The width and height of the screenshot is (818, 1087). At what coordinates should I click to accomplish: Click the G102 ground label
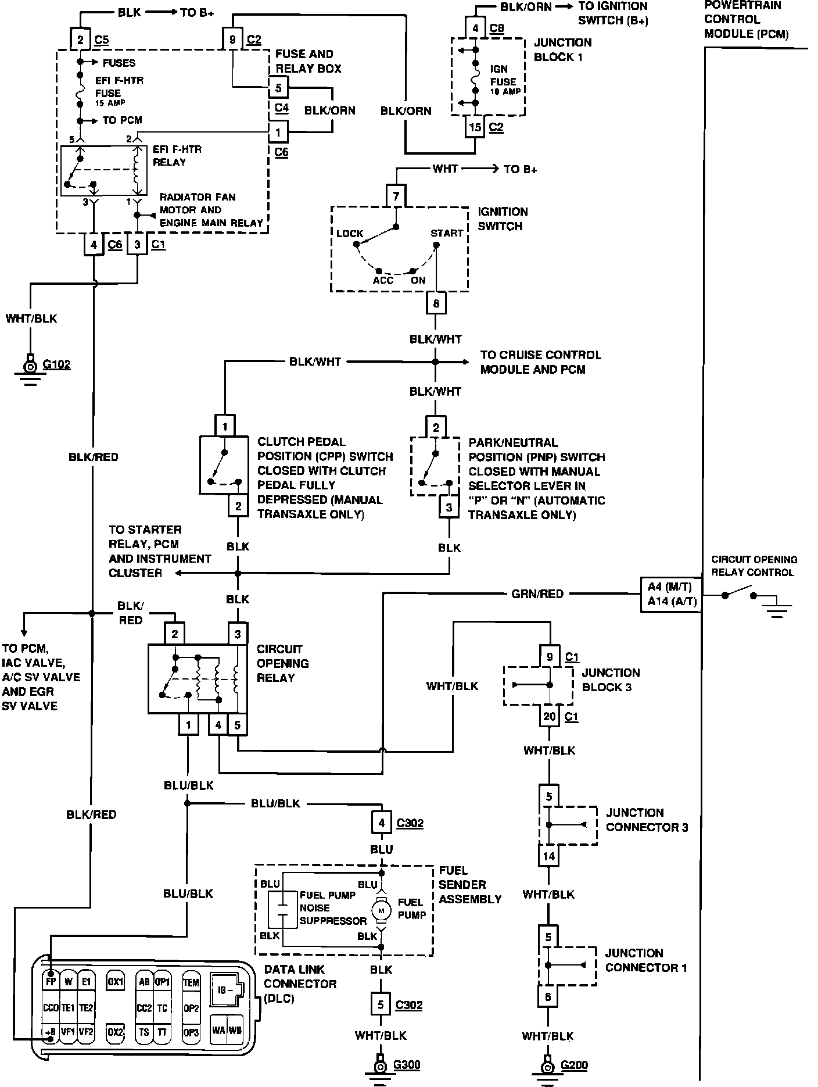[x=56, y=365]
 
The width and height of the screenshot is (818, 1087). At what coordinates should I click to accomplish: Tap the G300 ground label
[x=407, y=1065]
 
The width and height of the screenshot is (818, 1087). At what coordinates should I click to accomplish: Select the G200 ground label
[x=574, y=1065]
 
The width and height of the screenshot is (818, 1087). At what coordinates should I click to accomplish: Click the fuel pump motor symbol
[x=382, y=910]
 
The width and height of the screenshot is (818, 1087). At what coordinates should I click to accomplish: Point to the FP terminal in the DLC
[x=51, y=982]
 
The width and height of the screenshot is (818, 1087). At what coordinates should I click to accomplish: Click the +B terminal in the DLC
[x=51, y=1032]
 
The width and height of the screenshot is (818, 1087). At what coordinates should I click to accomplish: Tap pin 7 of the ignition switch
[x=396, y=196]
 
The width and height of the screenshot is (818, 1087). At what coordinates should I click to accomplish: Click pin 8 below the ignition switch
[x=436, y=303]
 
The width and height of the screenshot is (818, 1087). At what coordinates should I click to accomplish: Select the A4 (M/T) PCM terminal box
[x=670, y=588]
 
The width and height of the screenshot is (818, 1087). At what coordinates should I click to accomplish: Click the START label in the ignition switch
[x=447, y=233]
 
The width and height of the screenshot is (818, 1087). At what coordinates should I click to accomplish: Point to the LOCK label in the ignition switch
[x=350, y=234]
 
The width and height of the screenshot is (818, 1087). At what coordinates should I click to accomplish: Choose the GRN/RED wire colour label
[x=537, y=594]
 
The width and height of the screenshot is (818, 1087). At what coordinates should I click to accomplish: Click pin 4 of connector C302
[x=381, y=823]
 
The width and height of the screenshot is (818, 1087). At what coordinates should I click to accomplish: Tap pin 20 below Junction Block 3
[x=550, y=716]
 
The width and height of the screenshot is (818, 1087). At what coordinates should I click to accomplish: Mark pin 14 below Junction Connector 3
[x=549, y=856]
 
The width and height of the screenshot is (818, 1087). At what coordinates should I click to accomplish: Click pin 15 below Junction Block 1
[x=475, y=127]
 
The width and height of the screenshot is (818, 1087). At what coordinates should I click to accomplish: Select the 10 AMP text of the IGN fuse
[x=504, y=92]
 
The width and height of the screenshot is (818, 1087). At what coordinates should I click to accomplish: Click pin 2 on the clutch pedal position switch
[x=238, y=506]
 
